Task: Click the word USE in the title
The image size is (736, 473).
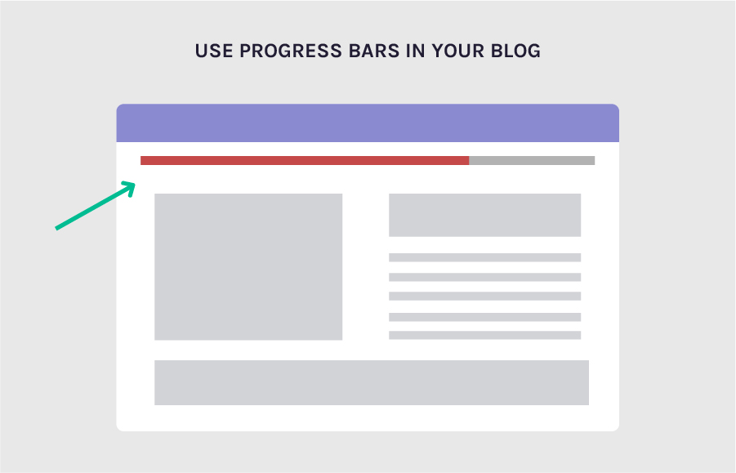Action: pos(213,51)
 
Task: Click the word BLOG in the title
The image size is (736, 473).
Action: pos(516,51)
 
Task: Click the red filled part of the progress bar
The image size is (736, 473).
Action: pos(304,160)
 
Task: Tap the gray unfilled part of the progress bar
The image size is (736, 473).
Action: pos(532,160)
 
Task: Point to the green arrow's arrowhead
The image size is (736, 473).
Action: pos(129,187)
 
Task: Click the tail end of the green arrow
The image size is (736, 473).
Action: pos(57,228)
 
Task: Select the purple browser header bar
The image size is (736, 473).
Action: pos(368,123)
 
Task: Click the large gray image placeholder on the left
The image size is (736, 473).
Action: pos(248,266)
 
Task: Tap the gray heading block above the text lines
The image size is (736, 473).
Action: pos(484,215)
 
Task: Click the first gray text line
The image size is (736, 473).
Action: pos(484,257)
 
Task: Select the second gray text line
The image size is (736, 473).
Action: pos(484,277)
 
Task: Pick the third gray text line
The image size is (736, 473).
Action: pos(484,296)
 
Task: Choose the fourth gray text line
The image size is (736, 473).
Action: pos(484,316)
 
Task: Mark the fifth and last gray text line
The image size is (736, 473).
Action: pos(484,335)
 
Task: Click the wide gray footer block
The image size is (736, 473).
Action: pos(372,382)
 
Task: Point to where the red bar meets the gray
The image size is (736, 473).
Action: pos(469,160)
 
